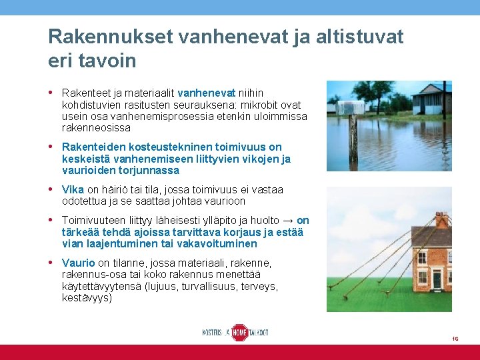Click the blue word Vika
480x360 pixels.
(x=73, y=189)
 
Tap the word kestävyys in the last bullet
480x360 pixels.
(x=87, y=297)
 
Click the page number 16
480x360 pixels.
(x=455, y=339)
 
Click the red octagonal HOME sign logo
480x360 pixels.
(x=239, y=332)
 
